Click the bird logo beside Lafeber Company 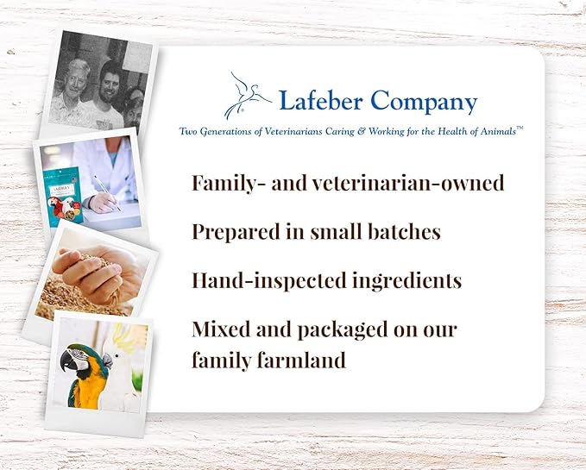(x=247, y=96)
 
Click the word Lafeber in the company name (x=321, y=101)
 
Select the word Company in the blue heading (x=424, y=102)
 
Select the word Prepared (x=236, y=233)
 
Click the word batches (x=404, y=231)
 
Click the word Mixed (x=221, y=329)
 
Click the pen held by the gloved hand (x=108, y=193)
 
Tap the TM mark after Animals (x=520, y=128)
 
